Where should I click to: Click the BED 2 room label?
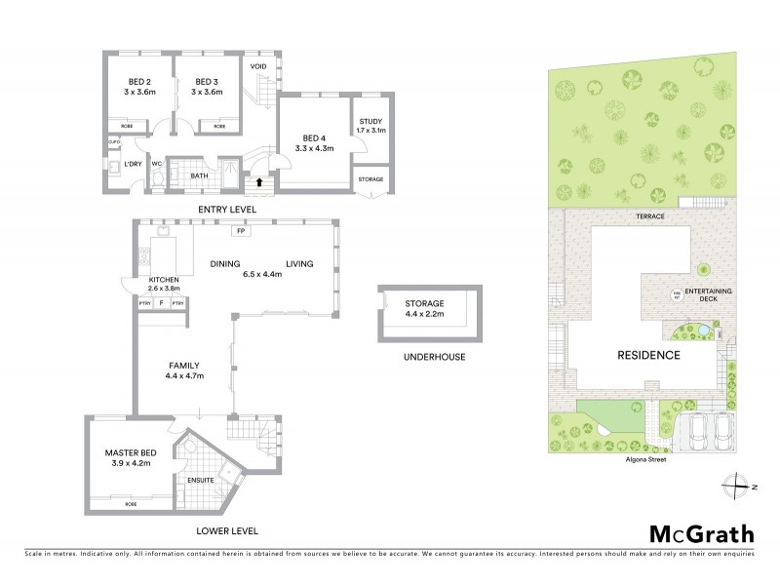click(139, 82)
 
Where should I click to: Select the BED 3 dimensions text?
click(208, 93)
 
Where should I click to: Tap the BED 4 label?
click(314, 137)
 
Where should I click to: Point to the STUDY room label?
click(370, 119)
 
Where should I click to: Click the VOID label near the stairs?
click(258, 67)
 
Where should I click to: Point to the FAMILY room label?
click(183, 366)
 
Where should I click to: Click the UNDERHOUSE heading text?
click(434, 357)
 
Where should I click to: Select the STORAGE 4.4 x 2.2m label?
click(424, 309)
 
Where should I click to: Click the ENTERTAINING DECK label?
click(709, 295)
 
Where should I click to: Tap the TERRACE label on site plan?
click(648, 214)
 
